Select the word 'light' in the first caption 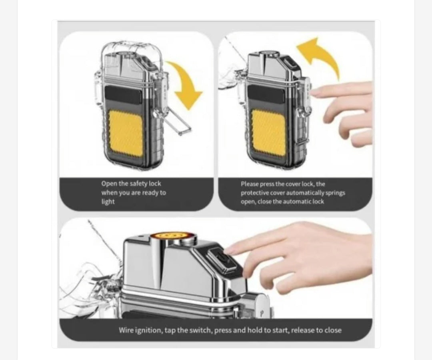tap(108, 202)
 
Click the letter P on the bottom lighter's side tap(262, 313)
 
